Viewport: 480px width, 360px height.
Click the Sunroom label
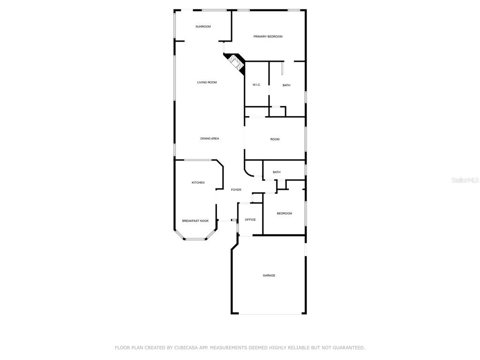pyautogui.click(x=203, y=27)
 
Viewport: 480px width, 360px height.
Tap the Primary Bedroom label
pyautogui.click(x=268, y=37)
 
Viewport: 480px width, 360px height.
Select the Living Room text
pyautogui.click(x=207, y=82)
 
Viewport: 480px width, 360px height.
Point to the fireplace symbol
pyautogui.click(x=235, y=63)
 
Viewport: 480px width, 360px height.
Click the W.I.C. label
pyautogui.click(x=256, y=85)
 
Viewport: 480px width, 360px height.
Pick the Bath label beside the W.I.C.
pyautogui.click(x=286, y=85)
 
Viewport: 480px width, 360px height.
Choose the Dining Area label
pyautogui.click(x=210, y=139)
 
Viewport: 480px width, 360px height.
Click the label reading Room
pyautogui.click(x=275, y=139)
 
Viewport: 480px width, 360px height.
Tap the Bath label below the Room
pyautogui.click(x=277, y=172)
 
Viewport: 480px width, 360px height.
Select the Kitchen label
pyautogui.click(x=198, y=182)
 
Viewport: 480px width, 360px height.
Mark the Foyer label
pyautogui.click(x=236, y=190)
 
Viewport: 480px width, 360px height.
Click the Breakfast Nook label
pyautogui.click(x=195, y=221)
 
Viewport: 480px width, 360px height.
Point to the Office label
pyautogui.click(x=250, y=219)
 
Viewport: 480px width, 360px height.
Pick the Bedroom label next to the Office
pyautogui.click(x=285, y=213)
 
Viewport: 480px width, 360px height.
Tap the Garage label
pyautogui.click(x=269, y=276)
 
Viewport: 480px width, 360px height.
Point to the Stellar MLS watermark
pyautogui.click(x=465, y=180)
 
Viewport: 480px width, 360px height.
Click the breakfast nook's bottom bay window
pyautogui.click(x=195, y=239)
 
